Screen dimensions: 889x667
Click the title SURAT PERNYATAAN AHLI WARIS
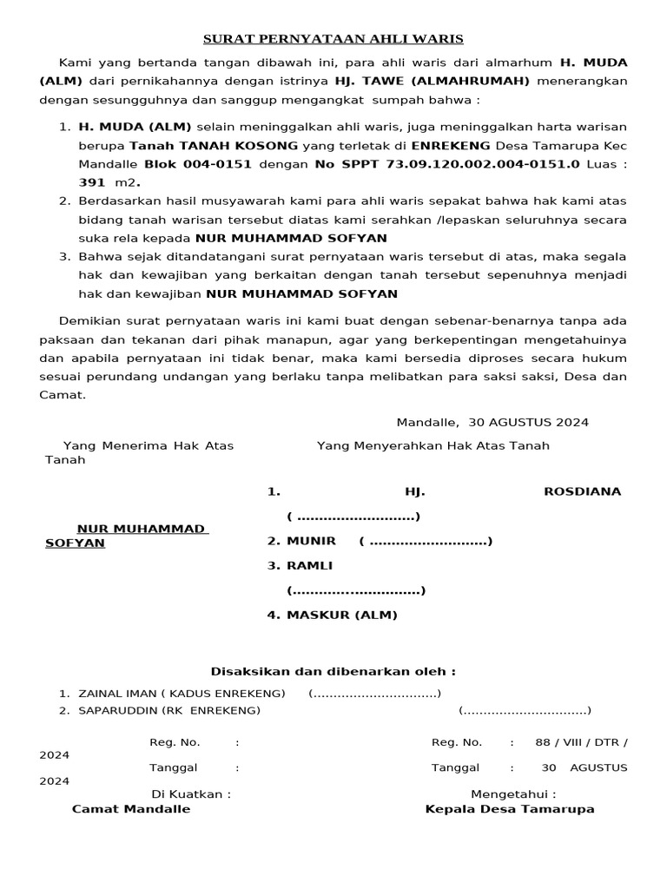[x=333, y=39]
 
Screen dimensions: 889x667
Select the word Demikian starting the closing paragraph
[x=87, y=320]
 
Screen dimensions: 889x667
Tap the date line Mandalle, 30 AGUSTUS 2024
[x=492, y=422]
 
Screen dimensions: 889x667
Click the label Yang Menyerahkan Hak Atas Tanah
[x=433, y=445]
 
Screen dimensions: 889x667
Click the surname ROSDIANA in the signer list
[x=582, y=491]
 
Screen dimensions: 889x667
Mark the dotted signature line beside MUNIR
[x=426, y=542]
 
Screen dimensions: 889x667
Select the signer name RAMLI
[x=310, y=565]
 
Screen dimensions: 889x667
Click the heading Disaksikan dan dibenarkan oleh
[x=333, y=671]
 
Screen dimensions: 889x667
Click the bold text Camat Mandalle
[x=131, y=808]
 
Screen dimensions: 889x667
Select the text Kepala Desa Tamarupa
[x=510, y=808]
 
